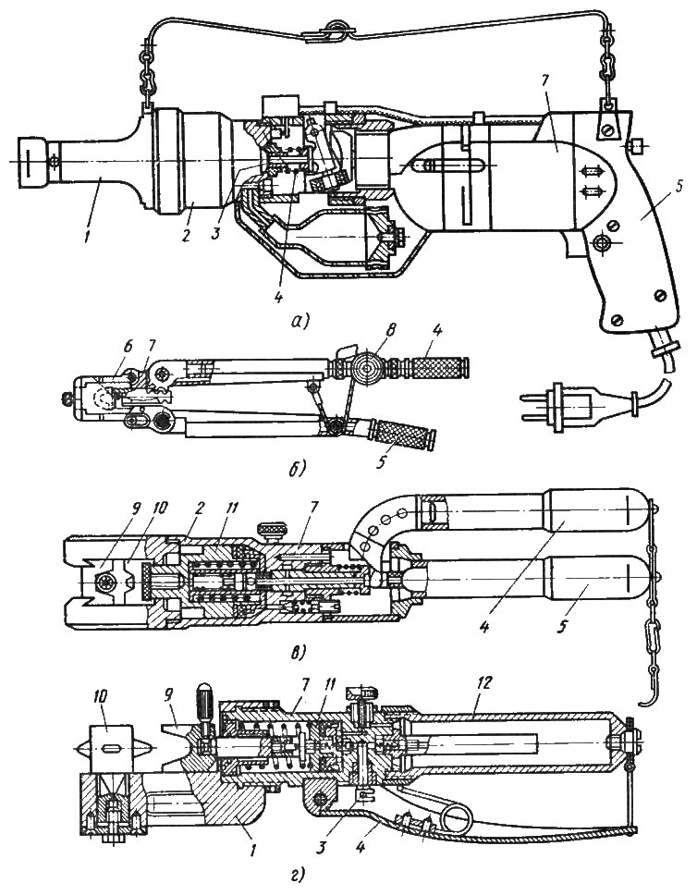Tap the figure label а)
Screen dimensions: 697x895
(300, 322)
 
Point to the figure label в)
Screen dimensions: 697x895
(296, 651)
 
